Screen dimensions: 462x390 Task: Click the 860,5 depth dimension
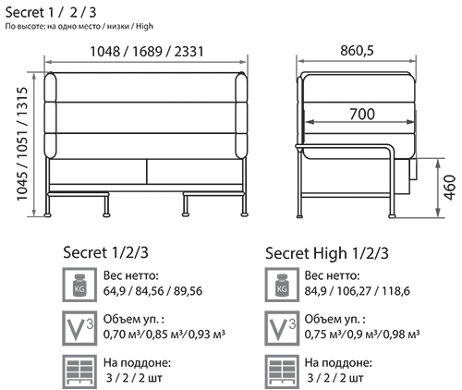tap(357, 51)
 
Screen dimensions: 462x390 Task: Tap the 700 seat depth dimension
tap(362, 115)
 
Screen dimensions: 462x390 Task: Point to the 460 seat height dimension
tap(450, 188)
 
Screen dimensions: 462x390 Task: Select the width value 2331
tap(188, 52)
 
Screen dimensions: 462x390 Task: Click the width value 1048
tap(104, 52)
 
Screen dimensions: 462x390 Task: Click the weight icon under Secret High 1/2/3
tap(282, 285)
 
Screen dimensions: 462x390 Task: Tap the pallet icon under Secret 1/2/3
tap(79, 372)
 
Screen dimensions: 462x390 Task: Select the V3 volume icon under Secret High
tap(282, 328)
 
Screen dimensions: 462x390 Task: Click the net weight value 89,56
tap(188, 291)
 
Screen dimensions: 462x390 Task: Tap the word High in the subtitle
tap(144, 27)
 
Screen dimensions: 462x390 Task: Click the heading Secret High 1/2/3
tap(327, 253)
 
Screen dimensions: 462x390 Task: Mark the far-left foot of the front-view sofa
tap(47, 215)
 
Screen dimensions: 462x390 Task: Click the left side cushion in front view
tap(50, 116)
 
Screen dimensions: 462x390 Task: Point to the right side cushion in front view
tap(241, 116)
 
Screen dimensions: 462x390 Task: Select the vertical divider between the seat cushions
tap(147, 172)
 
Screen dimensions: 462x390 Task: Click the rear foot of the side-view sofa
tap(299, 216)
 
